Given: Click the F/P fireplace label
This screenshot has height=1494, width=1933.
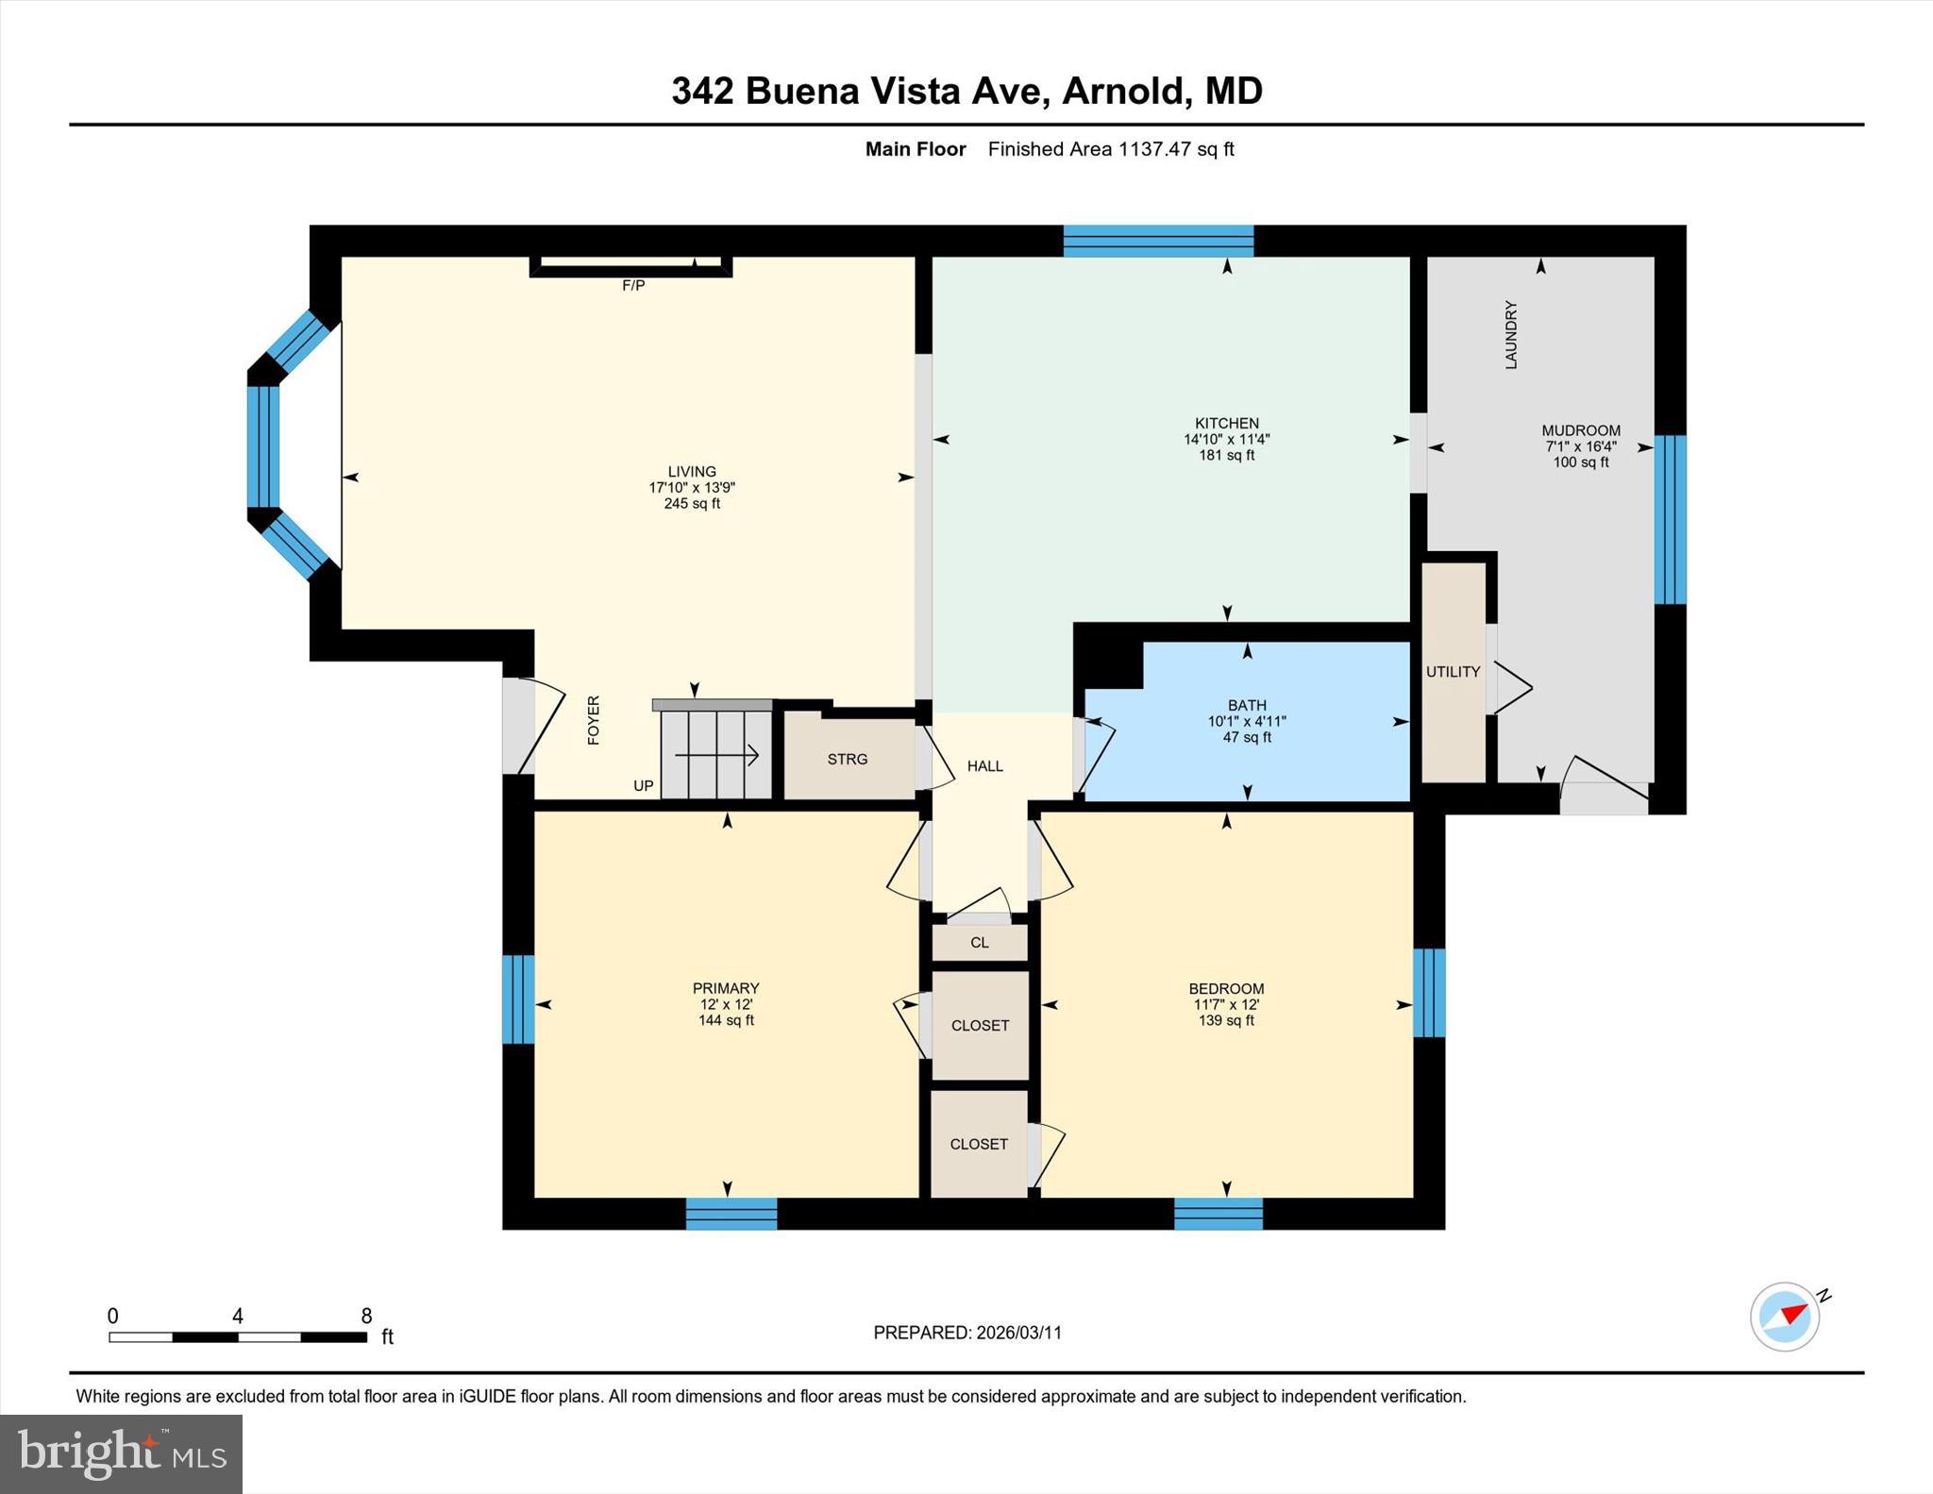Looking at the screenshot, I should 633,285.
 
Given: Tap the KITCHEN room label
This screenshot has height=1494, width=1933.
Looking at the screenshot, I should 1226,424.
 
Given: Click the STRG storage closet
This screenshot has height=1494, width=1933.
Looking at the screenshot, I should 848,759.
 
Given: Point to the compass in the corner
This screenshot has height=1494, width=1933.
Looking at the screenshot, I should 1784,1317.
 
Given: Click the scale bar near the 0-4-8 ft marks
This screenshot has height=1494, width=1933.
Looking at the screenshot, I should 237,1336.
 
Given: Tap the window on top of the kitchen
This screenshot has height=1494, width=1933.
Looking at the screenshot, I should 1158,241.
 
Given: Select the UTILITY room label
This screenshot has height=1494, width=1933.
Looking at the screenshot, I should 1453,672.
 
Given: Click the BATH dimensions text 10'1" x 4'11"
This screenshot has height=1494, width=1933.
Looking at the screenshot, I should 1247,721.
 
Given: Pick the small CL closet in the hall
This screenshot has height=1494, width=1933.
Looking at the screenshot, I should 980,942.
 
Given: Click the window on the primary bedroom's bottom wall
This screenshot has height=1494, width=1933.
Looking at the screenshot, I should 731,1213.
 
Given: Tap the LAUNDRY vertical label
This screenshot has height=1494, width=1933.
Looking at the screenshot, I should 1510,335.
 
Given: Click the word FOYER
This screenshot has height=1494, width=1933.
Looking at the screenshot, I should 594,720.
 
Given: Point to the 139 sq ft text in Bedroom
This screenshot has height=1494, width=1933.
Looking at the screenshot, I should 1226,1020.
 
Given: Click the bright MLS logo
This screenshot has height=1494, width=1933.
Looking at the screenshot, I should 121,1453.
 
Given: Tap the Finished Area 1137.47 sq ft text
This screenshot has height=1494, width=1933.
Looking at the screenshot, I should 1111,149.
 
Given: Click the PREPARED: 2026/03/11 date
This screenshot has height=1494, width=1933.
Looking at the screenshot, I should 967,1333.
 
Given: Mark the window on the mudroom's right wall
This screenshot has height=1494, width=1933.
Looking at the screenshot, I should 1670,519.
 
